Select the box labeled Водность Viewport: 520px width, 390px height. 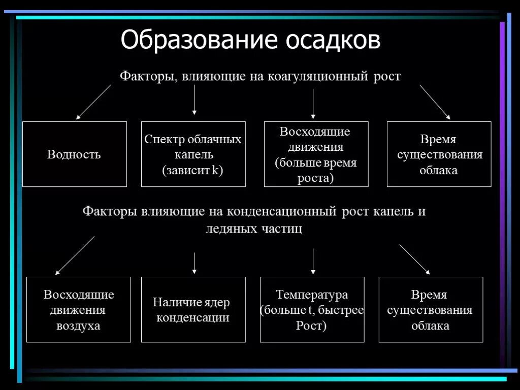point(74,154)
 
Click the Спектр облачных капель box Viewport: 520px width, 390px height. point(193,154)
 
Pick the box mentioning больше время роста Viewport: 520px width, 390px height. point(316,154)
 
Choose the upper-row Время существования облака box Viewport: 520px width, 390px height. point(439,154)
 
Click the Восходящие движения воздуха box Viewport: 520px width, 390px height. point(79,309)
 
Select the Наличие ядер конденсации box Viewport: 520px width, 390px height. point(193,309)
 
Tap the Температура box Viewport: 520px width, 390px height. point(312,309)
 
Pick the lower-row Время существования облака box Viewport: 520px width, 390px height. point(431,309)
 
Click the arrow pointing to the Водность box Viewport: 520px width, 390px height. point(93,102)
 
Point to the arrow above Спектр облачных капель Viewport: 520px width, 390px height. point(194,100)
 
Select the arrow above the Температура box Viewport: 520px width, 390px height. point(313,261)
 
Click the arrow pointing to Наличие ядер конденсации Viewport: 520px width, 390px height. point(194,263)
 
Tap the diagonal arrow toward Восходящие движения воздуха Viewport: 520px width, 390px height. point(75,255)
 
